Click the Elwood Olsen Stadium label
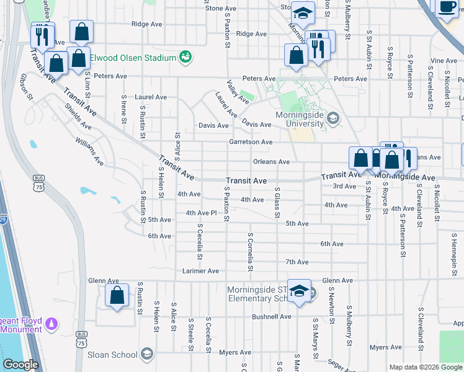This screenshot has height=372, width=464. [133, 58]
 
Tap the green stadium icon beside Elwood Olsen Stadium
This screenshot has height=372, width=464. [185, 58]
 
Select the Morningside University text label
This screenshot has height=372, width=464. [300, 118]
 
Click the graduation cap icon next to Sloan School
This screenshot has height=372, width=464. [147, 354]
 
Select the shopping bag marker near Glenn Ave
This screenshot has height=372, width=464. [117, 296]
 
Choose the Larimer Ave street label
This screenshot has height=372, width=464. [200, 271]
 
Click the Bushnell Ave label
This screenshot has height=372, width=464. [271, 316]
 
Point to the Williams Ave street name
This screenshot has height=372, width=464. [90, 151]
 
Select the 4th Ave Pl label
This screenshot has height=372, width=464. [200, 213]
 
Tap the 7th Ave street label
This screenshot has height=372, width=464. [297, 262]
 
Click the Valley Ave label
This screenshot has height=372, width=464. [238, 92]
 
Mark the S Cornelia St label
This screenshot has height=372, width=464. [250, 253]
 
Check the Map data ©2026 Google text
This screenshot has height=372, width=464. [425, 367]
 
